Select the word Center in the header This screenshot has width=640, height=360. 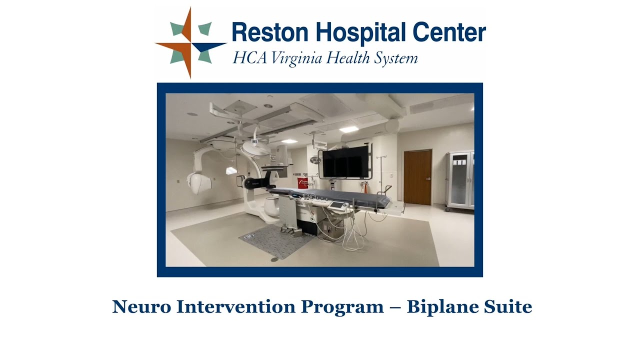tap(449, 33)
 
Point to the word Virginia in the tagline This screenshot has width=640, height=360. tap(297, 58)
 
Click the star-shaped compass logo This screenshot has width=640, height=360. tap(190, 43)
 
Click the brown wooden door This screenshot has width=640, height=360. tap(417, 177)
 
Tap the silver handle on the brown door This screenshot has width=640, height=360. tap(428, 178)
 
